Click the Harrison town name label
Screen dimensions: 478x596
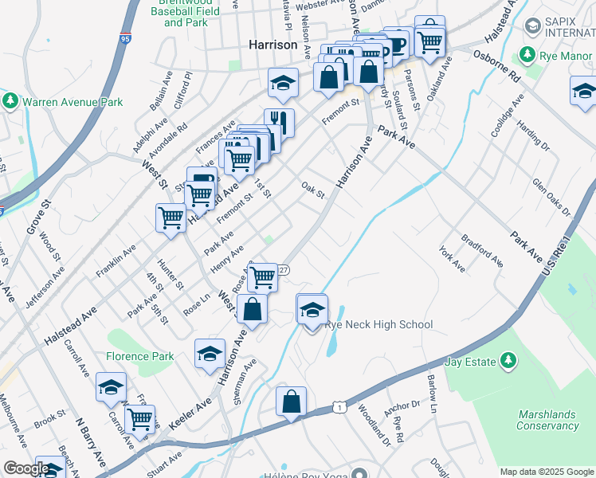[273, 45]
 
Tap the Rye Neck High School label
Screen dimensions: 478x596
[378, 324]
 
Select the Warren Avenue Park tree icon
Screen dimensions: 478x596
[10, 101]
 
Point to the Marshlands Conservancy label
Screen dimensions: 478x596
[547, 420]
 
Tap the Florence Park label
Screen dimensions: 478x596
[140, 356]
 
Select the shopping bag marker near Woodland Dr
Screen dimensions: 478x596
[292, 402]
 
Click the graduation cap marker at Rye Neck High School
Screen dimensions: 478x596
[312, 309]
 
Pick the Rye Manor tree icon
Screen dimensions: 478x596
[526, 55]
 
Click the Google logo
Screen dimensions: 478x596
[26, 468]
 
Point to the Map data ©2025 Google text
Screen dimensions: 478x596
[547, 472]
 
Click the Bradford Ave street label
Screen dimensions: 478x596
[482, 249]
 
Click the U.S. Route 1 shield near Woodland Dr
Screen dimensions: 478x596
[339, 408]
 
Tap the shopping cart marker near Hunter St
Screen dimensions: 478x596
[171, 218]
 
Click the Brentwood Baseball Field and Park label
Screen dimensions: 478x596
[184, 13]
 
